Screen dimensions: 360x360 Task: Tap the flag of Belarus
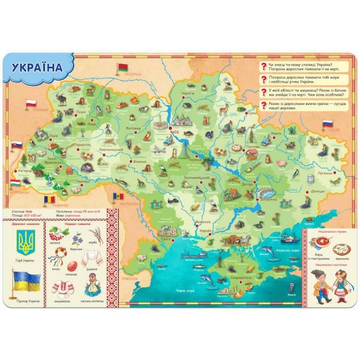[124, 66]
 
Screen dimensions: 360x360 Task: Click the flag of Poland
[32, 104]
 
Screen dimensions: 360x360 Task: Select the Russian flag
[328, 124]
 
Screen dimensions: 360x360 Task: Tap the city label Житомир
[132, 127]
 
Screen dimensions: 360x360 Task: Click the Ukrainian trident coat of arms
[26, 243]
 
